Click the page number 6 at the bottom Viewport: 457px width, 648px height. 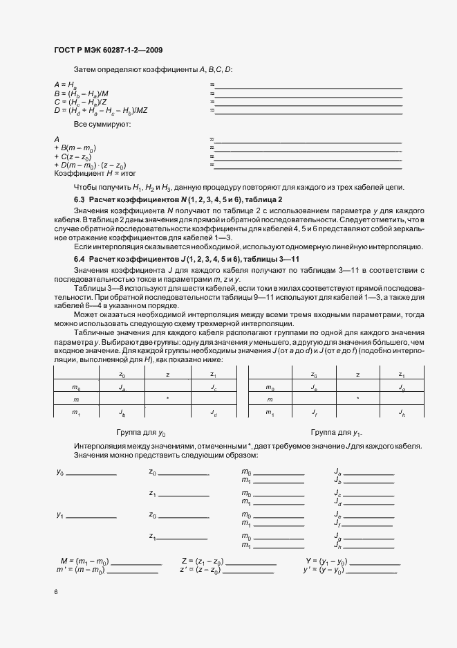55,592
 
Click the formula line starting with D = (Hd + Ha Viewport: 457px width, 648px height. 105,110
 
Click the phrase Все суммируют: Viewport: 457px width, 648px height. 97,124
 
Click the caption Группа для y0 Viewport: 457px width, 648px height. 141,433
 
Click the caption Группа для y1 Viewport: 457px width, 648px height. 336,433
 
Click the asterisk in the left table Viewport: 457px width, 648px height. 167,399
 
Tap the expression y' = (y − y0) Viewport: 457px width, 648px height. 325,570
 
